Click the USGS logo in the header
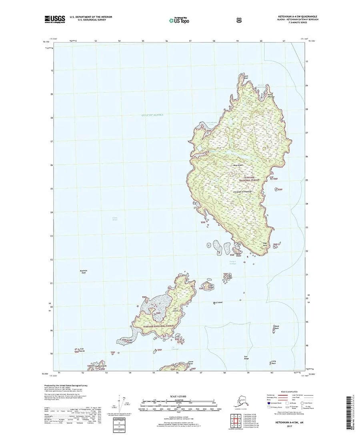(x=54, y=18)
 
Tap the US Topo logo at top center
(x=179, y=20)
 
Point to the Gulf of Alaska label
(x=152, y=115)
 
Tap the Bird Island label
(x=218, y=302)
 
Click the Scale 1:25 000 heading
(x=178, y=396)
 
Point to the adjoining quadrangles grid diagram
(x=237, y=419)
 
